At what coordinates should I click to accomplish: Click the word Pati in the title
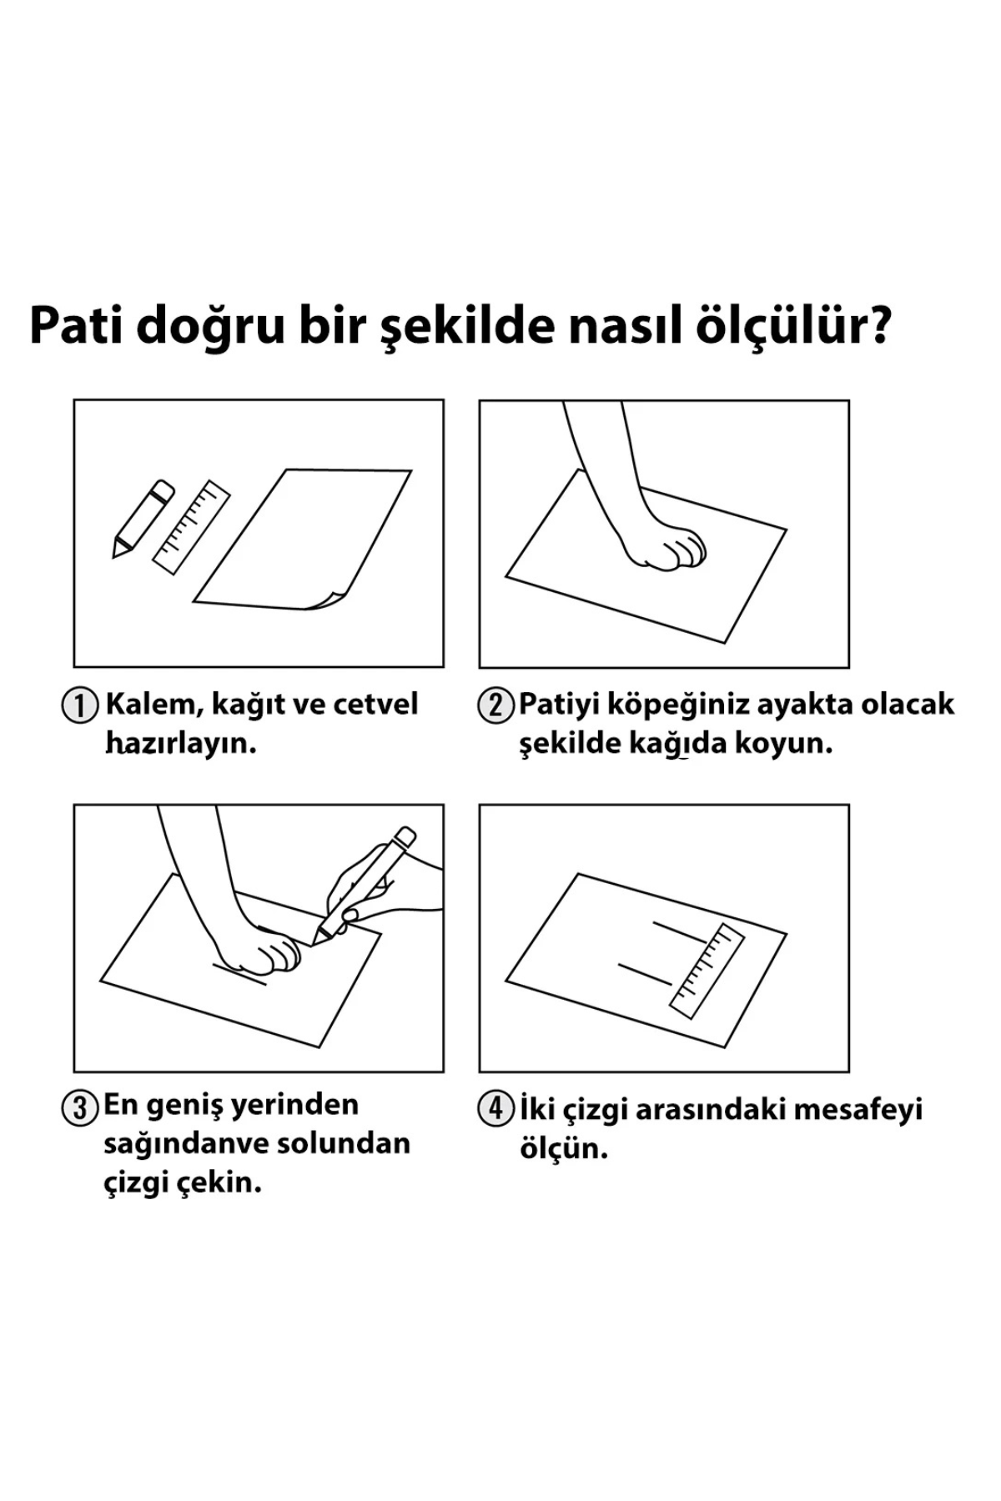(x=75, y=326)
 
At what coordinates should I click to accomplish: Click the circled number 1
(x=80, y=705)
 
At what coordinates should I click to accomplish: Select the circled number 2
(x=495, y=705)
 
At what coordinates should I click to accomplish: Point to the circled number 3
(x=80, y=1108)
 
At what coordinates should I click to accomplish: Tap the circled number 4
(x=495, y=1110)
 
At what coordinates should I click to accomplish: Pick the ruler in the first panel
(x=192, y=527)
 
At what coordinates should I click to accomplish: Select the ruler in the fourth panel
(x=707, y=971)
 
